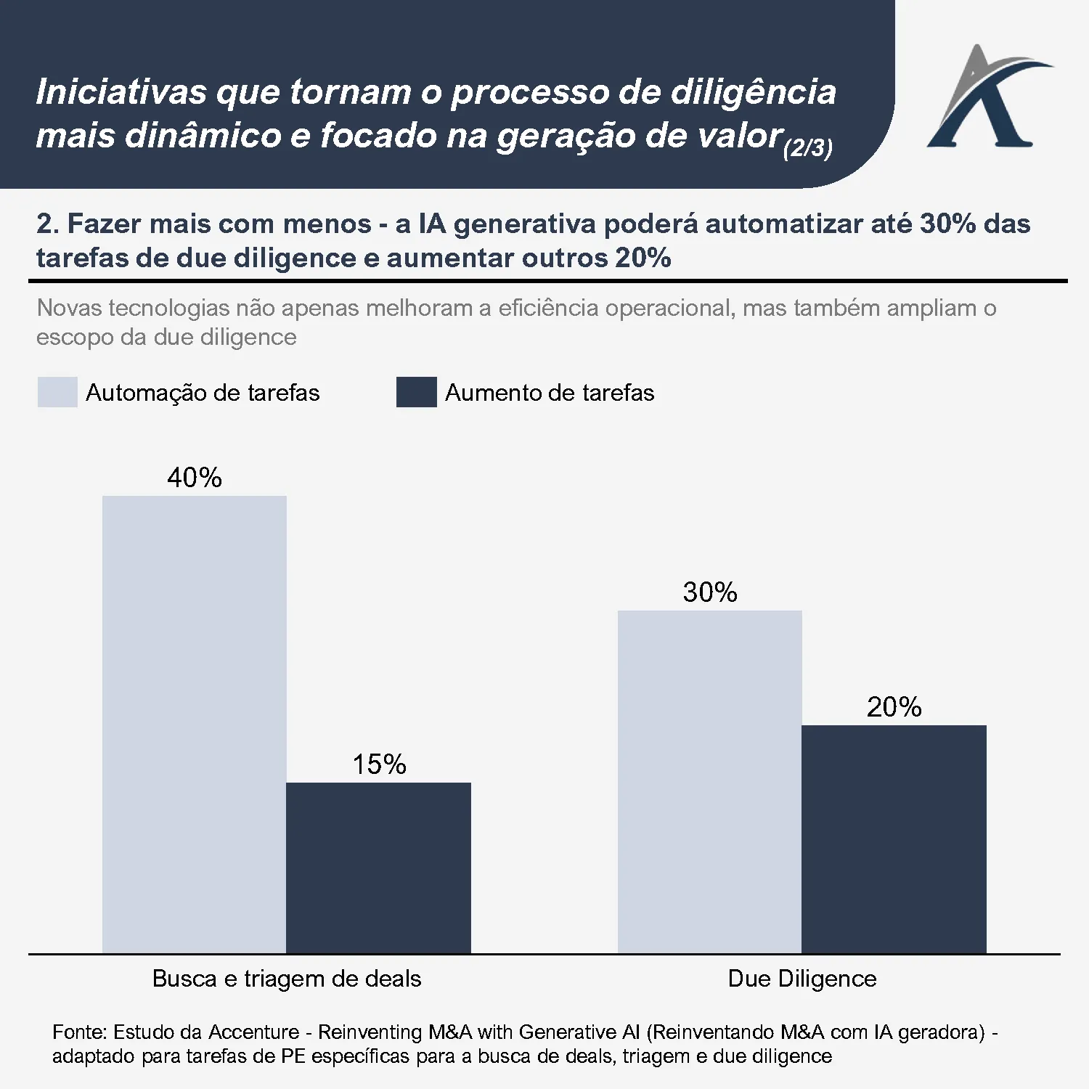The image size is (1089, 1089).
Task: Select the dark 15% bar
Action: tap(378, 868)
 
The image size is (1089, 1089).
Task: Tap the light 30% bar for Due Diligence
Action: tap(709, 781)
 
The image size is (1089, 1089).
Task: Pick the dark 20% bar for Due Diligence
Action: tap(894, 839)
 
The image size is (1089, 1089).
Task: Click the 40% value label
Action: tap(194, 478)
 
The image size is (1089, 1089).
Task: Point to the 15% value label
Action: tap(378, 764)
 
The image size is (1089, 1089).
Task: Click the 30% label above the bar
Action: tap(709, 592)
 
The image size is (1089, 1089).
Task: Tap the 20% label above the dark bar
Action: tap(894, 707)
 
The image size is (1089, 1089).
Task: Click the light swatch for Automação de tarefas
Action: tap(57, 392)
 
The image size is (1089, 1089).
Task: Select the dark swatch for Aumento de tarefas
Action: tap(416, 392)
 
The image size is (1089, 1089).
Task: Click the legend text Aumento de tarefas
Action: tap(549, 393)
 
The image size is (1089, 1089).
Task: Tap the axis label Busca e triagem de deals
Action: tap(286, 979)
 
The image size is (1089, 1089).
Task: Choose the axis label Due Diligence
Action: tap(802, 979)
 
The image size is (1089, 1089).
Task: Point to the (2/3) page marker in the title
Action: tap(807, 148)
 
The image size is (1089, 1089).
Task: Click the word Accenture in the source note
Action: tap(253, 1032)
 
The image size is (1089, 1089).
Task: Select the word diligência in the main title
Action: tap(753, 92)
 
